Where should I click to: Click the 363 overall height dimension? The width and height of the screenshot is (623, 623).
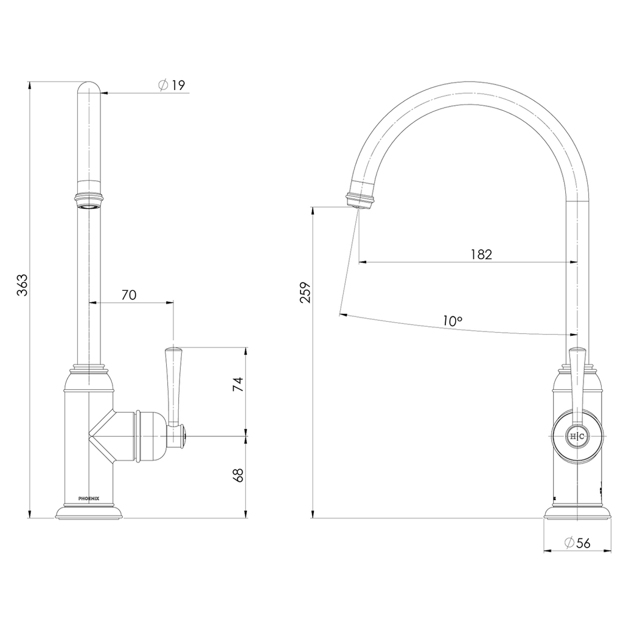click(x=23, y=285)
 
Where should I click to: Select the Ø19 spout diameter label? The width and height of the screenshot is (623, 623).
click(x=172, y=85)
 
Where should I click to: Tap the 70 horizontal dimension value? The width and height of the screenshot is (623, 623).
click(x=129, y=295)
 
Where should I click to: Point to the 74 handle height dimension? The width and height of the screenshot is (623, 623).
click(x=238, y=385)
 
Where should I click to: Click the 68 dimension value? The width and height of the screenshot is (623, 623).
click(x=238, y=475)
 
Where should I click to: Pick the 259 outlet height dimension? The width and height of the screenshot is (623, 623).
click(x=305, y=293)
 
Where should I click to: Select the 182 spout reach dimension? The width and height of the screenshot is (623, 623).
click(x=481, y=254)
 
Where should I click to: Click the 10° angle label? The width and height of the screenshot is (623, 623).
click(x=453, y=321)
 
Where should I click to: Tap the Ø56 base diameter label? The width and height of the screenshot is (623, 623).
click(x=577, y=543)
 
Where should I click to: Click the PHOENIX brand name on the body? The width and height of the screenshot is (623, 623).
click(x=89, y=498)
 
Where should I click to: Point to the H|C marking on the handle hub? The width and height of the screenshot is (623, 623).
click(x=577, y=436)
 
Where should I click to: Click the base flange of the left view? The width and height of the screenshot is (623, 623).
click(x=89, y=512)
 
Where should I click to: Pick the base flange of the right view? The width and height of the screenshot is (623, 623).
click(x=577, y=512)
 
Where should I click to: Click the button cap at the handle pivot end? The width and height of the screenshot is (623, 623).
click(x=184, y=436)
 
